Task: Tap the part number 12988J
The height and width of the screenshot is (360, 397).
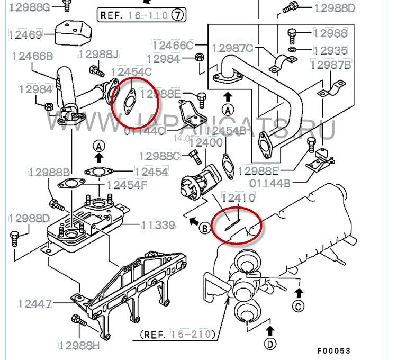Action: tap(99, 55)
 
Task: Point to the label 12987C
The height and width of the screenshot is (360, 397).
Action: tap(232, 48)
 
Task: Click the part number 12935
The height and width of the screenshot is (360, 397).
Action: tap(330, 50)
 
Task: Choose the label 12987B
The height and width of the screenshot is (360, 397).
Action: tap(331, 65)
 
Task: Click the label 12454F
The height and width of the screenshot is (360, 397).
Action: tap(127, 185)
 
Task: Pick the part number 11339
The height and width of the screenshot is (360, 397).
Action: tap(157, 226)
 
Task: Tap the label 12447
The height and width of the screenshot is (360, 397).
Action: tap(35, 304)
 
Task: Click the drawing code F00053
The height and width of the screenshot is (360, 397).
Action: tap(334, 351)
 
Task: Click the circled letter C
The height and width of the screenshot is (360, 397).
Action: tap(300, 305)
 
